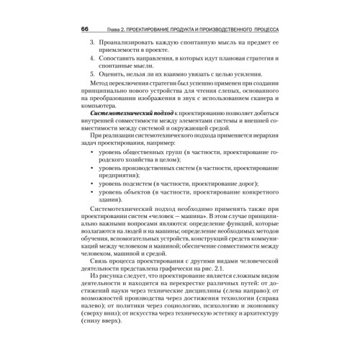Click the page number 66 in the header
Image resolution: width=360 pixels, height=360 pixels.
tap(84, 29)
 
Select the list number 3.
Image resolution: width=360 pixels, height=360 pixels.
tap(91, 44)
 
